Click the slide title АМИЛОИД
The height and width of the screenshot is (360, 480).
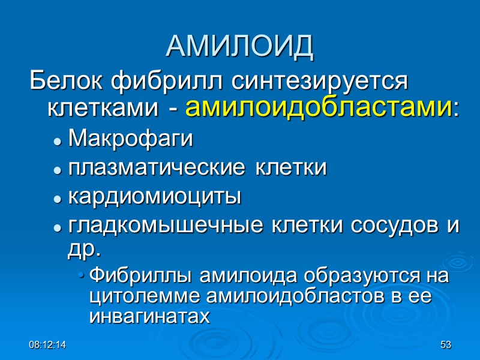coord(239,46)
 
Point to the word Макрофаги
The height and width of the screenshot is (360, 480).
coord(131,140)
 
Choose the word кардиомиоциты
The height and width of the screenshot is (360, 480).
coord(155,197)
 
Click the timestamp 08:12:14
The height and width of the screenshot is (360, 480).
coord(49,345)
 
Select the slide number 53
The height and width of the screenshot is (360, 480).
coord(445,345)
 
